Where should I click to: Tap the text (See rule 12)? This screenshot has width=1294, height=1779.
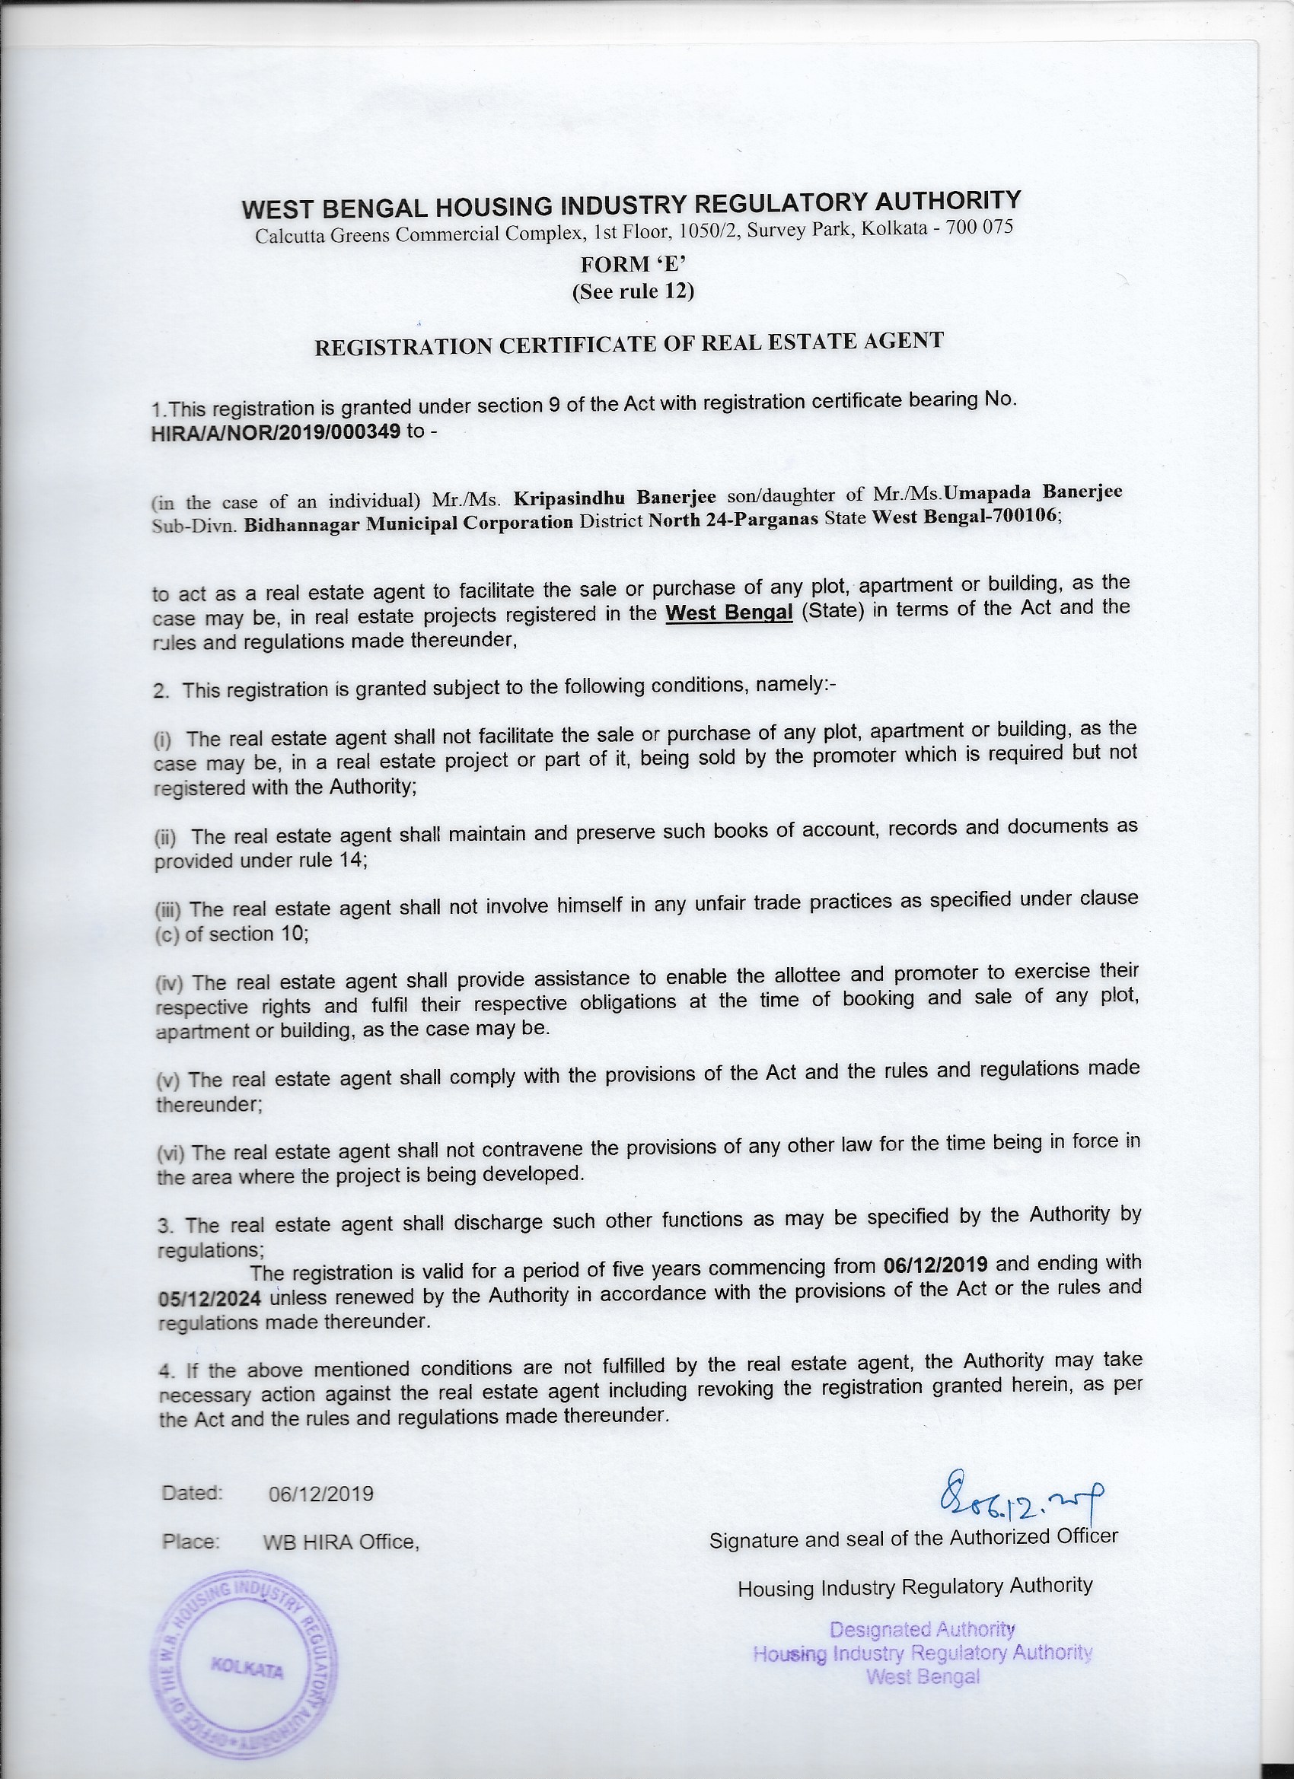click(x=633, y=291)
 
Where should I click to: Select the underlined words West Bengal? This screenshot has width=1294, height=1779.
click(x=729, y=612)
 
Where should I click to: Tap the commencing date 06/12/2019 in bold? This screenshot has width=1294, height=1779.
click(x=935, y=1264)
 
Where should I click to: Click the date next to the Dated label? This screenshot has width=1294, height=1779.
click(x=321, y=1494)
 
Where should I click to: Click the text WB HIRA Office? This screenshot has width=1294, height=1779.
click(x=341, y=1542)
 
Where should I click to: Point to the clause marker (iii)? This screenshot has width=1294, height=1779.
click(x=168, y=910)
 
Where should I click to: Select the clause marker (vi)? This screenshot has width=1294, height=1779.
click(x=170, y=1153)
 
